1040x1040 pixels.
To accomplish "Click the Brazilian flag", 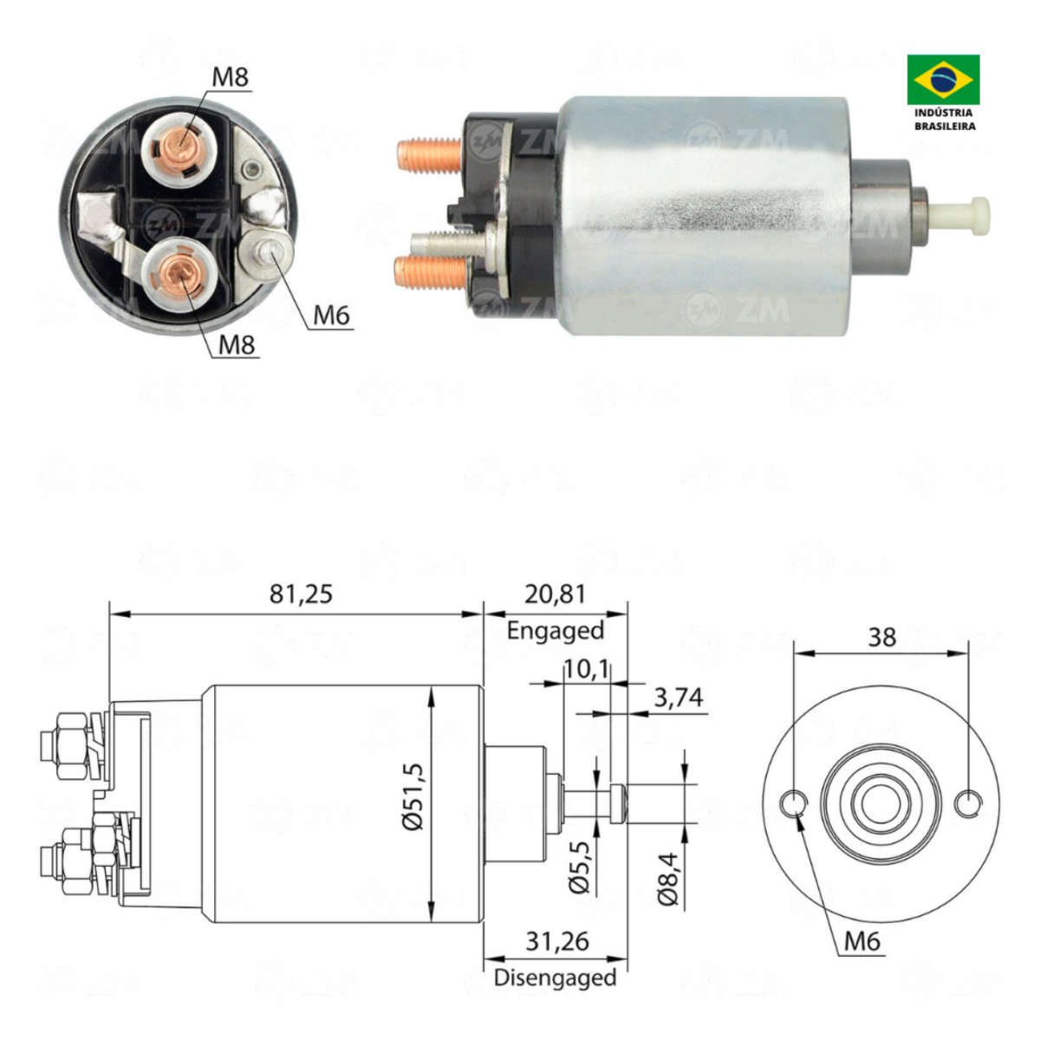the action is (x=943, y=80).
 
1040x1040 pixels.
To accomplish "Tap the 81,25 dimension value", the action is (x=301, y=595).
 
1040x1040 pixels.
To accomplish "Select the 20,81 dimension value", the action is (x=555, y=595).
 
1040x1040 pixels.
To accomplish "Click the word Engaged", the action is (x=555, y=631).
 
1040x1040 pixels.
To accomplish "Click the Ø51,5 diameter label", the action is (x=416, y=801).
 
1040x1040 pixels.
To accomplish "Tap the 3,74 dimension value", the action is (x=679, y=698).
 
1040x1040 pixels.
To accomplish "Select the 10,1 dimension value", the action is (x=586, y=670).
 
